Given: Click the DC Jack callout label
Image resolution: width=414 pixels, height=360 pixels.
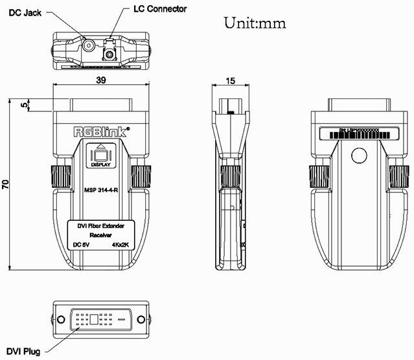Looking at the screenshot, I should tap(23, 12).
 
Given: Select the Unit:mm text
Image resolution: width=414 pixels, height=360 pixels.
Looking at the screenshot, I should tap(255, 23).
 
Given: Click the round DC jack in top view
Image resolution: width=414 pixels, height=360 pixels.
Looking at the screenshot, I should tap(89, 46).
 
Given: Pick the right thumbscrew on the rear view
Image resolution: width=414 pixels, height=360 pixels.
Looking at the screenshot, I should tap(400, 175).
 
